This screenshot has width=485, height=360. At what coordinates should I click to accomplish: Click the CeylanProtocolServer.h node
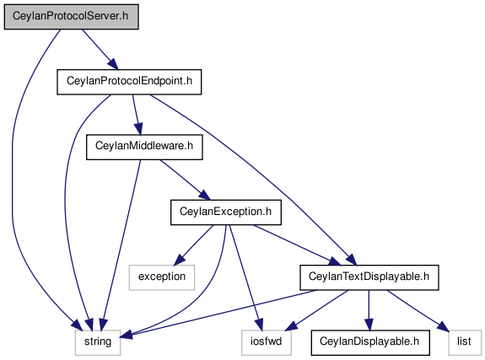pos(71,17)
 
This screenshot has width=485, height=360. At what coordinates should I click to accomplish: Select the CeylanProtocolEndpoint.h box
pos(129,82)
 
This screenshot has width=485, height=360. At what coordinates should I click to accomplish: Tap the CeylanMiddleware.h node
pos(144,147)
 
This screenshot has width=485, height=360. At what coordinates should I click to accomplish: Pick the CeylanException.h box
pos(226,212)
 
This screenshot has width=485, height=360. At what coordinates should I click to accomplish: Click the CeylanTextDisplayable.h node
pos(369,277)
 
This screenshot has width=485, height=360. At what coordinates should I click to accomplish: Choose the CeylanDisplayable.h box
pos(370,342)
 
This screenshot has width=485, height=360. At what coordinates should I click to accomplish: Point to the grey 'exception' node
pos(162,277)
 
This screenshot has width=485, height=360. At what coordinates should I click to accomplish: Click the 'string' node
pos(98,342)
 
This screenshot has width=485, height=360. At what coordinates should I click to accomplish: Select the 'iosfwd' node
pos(267,342)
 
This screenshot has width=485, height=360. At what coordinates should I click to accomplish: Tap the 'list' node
pos(464,342)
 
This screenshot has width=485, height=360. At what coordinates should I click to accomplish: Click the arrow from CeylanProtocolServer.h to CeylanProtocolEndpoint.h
pos(100,50)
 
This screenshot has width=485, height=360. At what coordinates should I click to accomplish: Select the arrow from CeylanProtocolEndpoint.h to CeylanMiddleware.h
pos(137,115)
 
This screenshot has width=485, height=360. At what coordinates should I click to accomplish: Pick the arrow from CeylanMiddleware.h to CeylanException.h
pos(185,180)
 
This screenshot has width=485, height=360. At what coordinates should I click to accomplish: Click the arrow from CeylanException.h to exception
pos(193,245)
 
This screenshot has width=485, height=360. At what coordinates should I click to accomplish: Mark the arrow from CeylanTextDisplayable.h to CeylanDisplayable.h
pos(369,310)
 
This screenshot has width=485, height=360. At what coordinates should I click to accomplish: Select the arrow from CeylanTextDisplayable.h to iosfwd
pos(317,310)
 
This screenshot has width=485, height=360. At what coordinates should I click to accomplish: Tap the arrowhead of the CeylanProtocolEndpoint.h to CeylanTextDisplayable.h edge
pos(352,260)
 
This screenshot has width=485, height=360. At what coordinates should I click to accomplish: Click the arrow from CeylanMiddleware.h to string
pos(121,245)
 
